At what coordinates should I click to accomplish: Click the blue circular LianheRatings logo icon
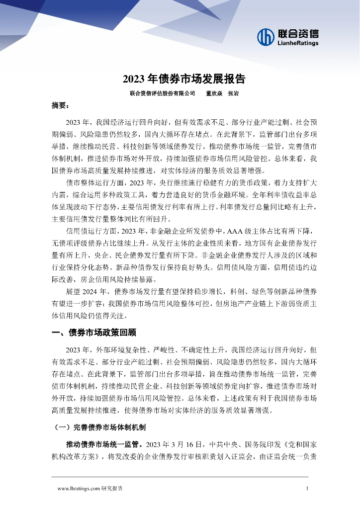pos(266,36)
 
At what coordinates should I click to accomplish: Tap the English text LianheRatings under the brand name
pos(297,43)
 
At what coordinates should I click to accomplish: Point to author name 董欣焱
pos(214,93)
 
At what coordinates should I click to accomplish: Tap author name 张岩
pos(233,93)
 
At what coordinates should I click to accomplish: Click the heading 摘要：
pos(61,106)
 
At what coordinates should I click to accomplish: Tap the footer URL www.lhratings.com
pos(79,489)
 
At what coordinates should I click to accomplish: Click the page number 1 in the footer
pos(307,489)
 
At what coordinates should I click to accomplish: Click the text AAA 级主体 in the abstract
pos(244,231)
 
